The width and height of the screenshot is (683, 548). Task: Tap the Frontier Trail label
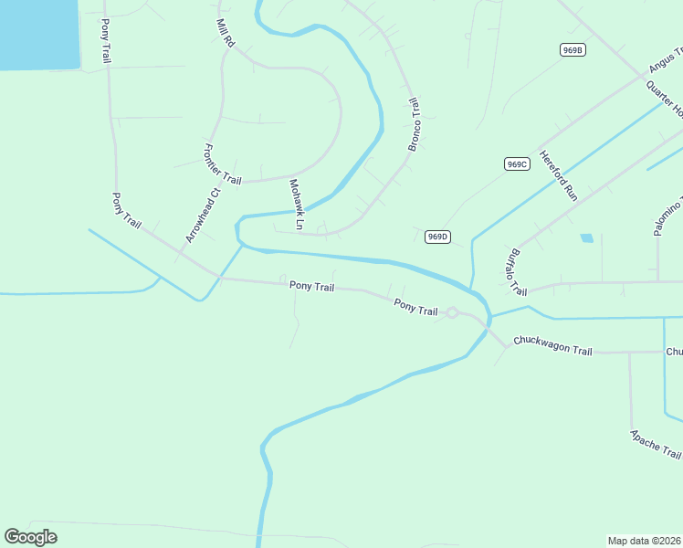pos(222,164)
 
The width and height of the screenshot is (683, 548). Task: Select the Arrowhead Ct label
pos(203,216)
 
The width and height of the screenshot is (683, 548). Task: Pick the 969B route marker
pos(573,50)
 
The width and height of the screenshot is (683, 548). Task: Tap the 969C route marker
pos(516,163)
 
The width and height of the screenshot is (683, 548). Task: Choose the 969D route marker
pos(438,237)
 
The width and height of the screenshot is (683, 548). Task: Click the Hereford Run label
pos(558,175)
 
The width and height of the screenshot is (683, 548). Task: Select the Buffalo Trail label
pos(517,271)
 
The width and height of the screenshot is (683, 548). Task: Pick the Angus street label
pos(665,60)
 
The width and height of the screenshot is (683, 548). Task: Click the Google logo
pos(30,537)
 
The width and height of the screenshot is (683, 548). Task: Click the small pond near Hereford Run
pos(586,238)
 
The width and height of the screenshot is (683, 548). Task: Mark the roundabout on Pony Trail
pos(451,313)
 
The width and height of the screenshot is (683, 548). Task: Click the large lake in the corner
pos(38,33)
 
